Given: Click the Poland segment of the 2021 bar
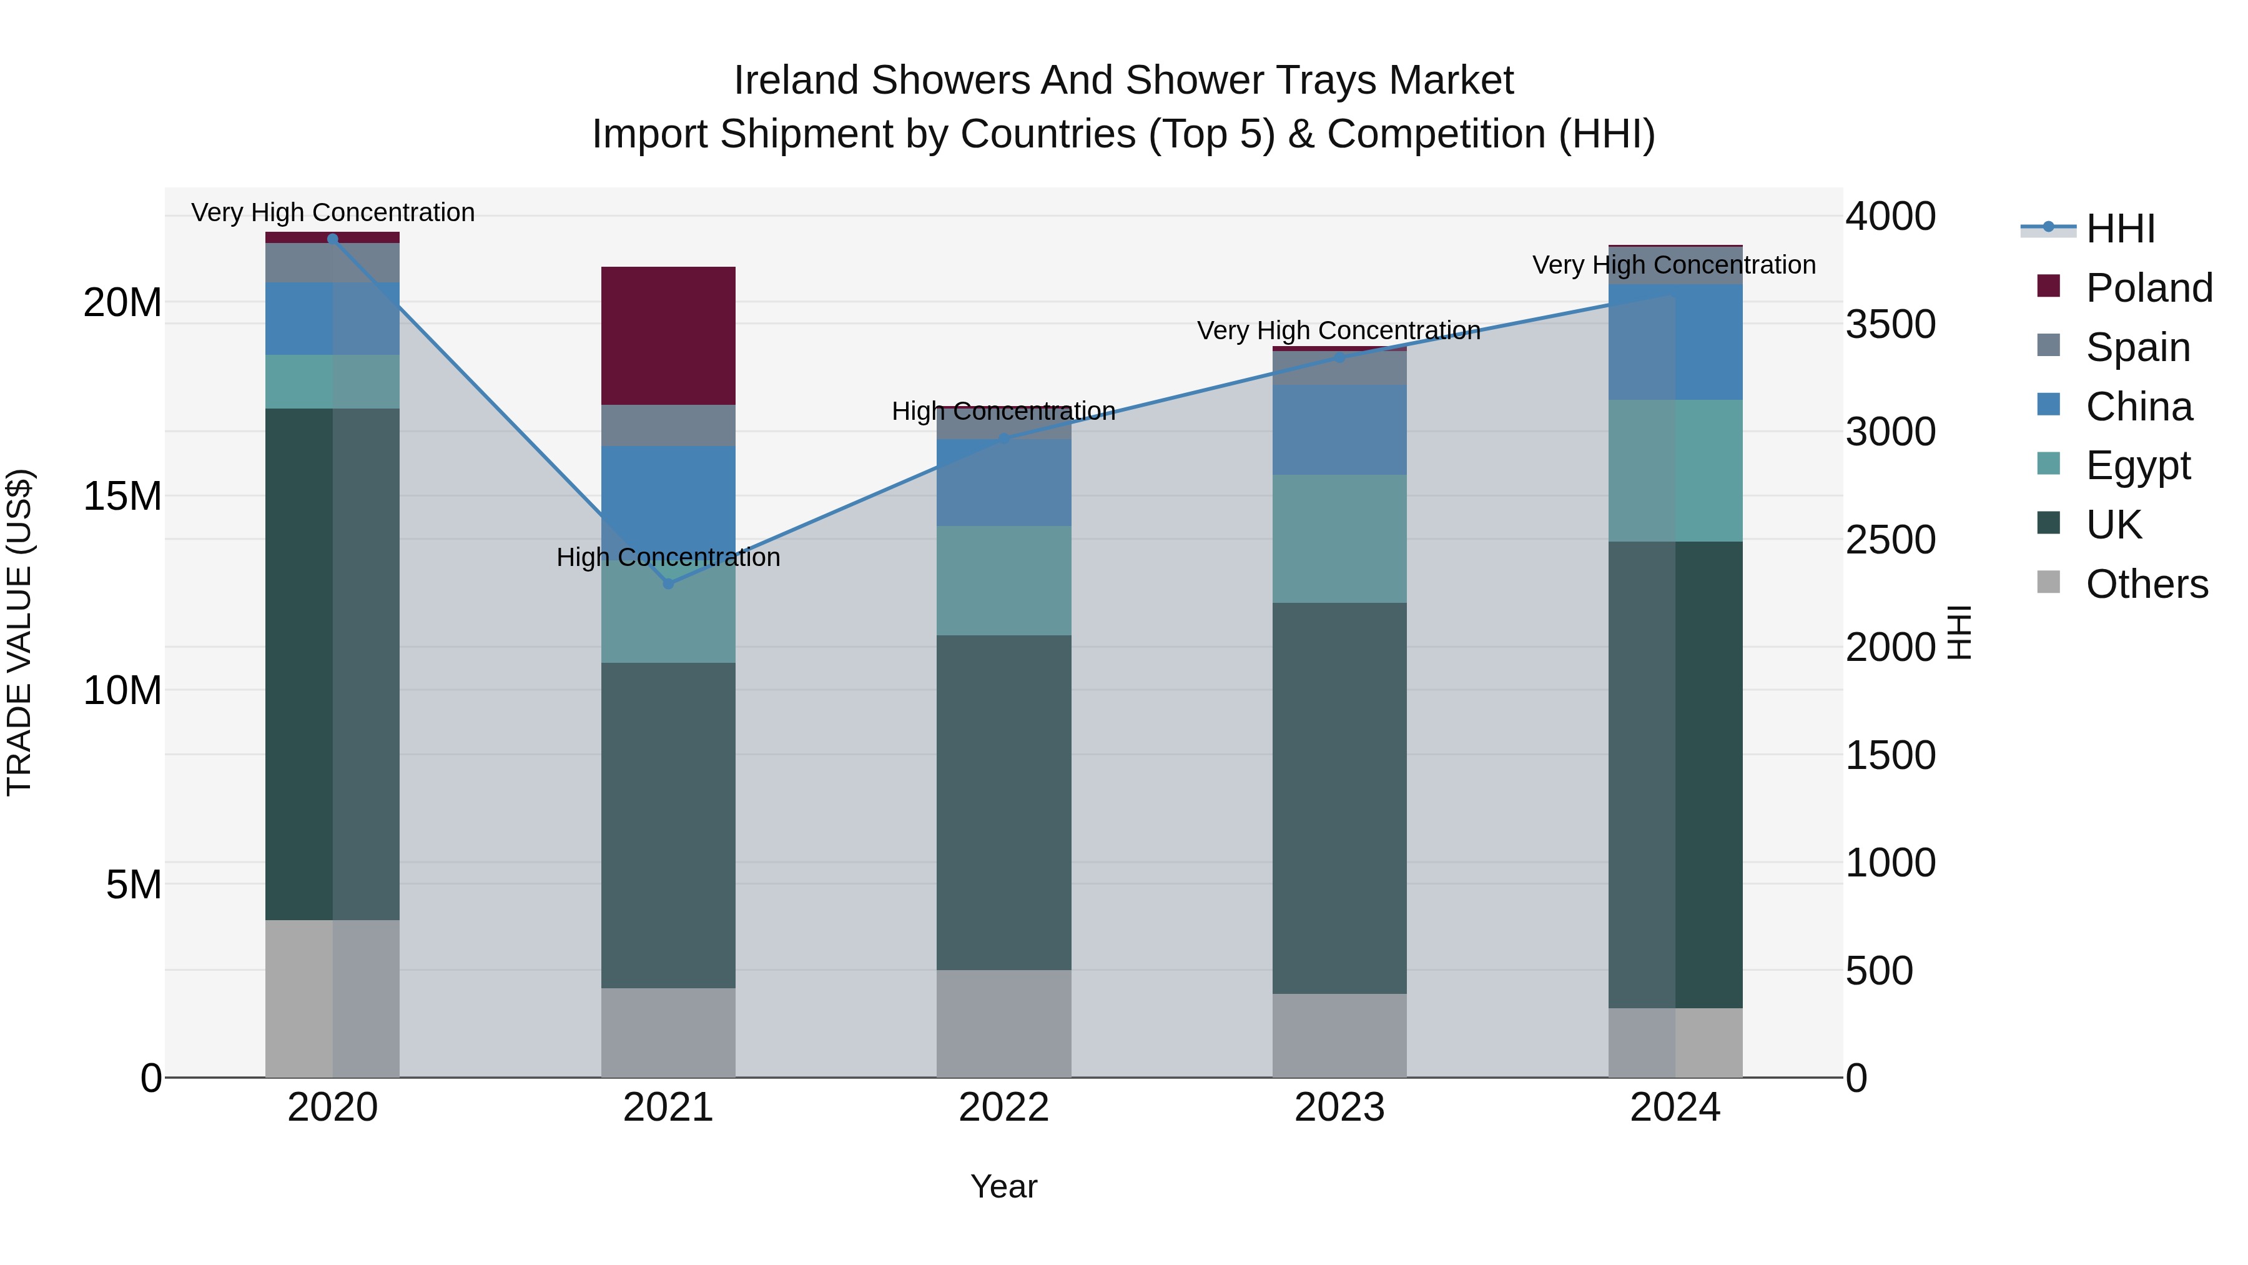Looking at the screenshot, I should (x=668, y=335).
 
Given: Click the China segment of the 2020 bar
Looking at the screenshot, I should (x=332, y=318).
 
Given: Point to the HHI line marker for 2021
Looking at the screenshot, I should (x=668, y=583).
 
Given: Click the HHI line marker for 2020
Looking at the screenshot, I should (x=332, y=239).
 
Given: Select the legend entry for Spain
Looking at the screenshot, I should (x=2137, y=347).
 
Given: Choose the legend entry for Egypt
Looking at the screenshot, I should (x=2137, y=465).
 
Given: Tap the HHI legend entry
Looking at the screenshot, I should (x=2120, y=229).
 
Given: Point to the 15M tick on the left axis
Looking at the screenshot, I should (x=122, y=496).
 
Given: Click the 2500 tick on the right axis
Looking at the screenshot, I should (x=1890, y=540).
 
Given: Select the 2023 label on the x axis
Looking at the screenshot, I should (x=1339, y=1108).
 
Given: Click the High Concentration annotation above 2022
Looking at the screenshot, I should (x=1003, y=411).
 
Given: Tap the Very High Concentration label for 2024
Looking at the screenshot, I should (x=1673, y=264).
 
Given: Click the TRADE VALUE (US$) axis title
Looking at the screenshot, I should (x=19, y=632).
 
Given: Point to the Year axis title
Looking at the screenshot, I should (x=1003, y=1186).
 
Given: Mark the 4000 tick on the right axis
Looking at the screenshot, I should (x=1890, y=217).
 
